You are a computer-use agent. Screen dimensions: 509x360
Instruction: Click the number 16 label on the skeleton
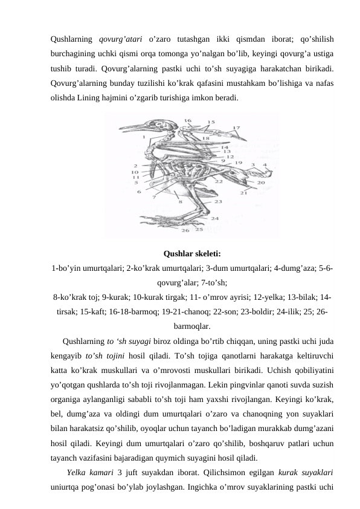click(x=188, y=121)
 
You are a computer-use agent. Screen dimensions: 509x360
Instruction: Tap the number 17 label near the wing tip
click(x=236, y=128)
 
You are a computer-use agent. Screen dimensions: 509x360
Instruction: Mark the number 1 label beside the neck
click(x=144, y=137)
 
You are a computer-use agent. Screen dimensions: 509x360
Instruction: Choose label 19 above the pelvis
click(x=239, y=163)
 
